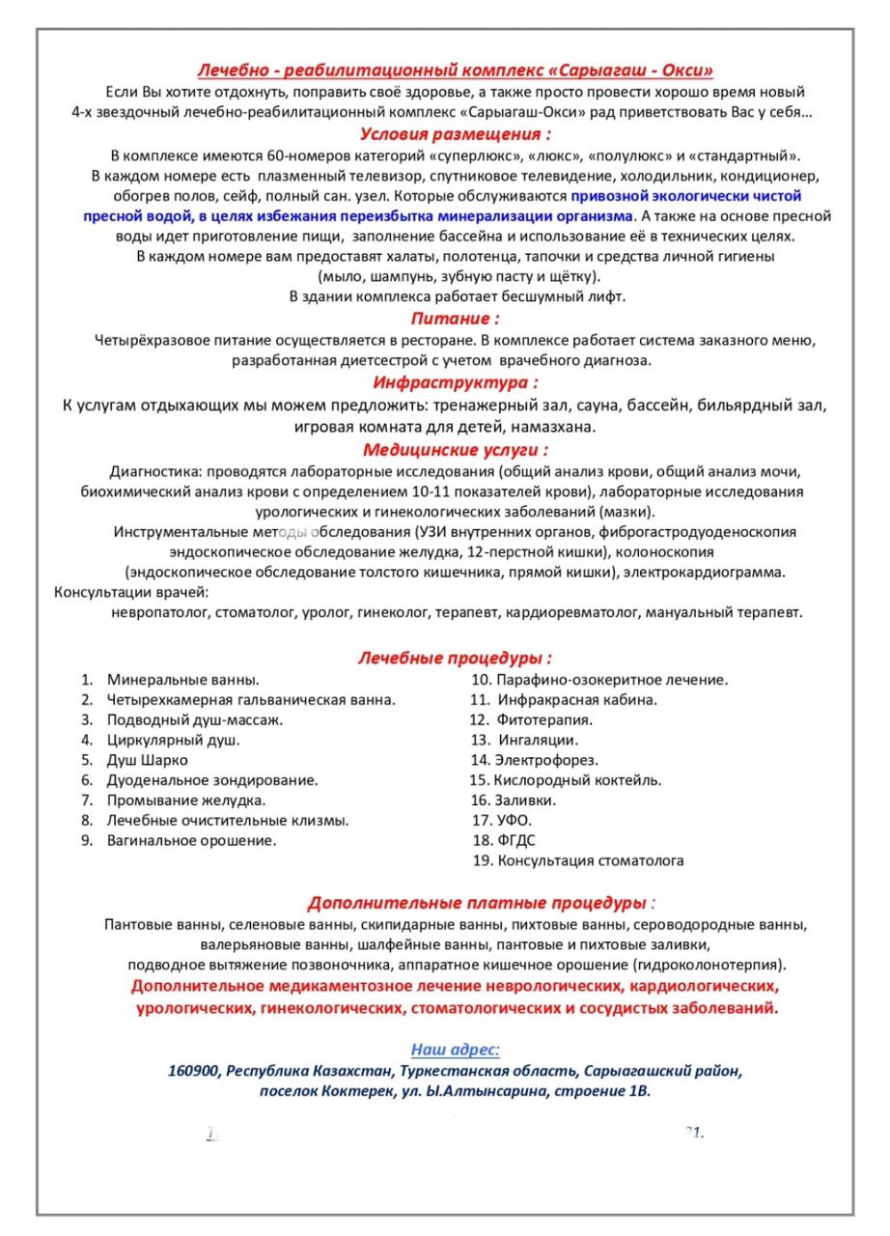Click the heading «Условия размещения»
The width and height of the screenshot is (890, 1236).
tap(455, 133)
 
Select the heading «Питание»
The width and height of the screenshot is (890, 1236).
tap(455, 318)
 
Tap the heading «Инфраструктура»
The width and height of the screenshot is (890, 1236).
tap(455, 382)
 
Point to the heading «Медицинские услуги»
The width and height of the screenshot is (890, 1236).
tap(455, 449)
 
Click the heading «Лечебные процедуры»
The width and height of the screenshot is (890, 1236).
tap(455, 659)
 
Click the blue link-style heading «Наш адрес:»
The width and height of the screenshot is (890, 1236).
tap(455, 1049)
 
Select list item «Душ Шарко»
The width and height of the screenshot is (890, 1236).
tap(148, 760)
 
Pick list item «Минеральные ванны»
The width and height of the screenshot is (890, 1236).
tap(182, 680)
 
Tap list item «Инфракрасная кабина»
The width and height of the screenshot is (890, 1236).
tap(577, 700)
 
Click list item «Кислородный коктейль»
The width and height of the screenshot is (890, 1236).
tap(577, 780)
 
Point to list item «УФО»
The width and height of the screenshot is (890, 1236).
tap(513, 821)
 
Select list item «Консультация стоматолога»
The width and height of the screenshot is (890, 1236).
tap(590, 860)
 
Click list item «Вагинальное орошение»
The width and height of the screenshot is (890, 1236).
tap(191, 840)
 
